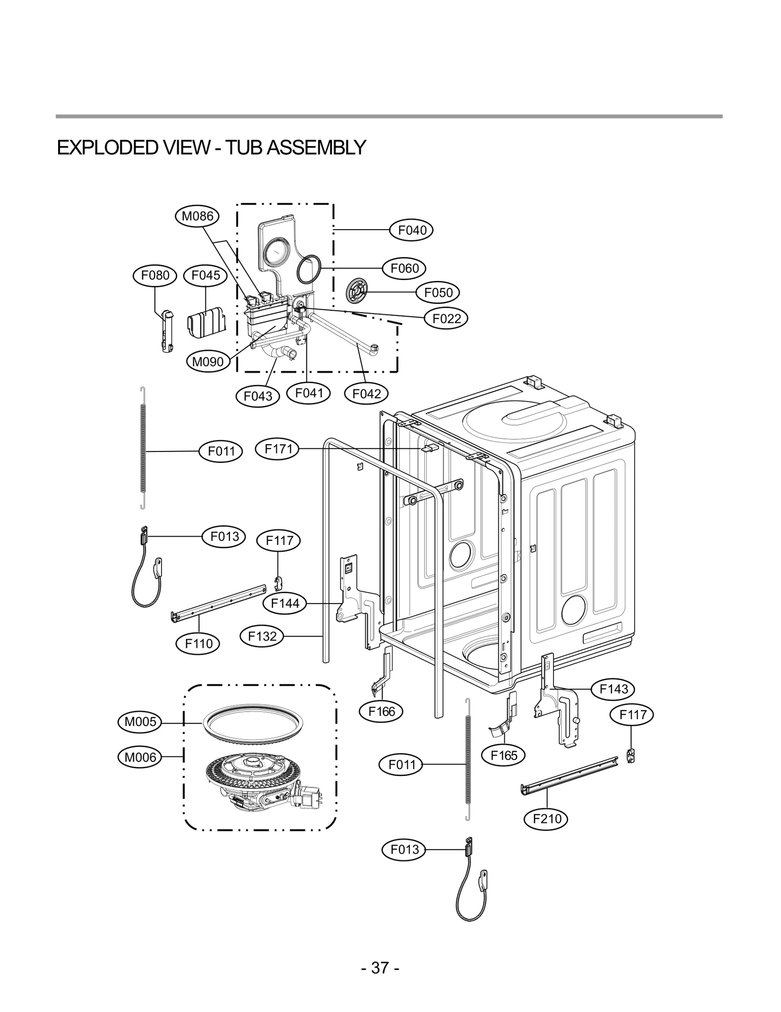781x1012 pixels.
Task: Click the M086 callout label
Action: [x=197, y=216]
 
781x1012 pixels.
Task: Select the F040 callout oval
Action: [x=411, y=230]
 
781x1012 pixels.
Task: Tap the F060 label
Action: [x=404, y=268]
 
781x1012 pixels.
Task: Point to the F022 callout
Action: [x=446, y=319]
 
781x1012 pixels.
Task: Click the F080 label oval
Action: [x=155, y=275]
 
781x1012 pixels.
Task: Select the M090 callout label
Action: [x=208, y=362]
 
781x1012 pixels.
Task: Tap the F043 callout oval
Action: [x=257, y=396]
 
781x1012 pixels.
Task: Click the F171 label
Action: [x=277, y=449]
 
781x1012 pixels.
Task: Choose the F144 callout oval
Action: [x=285, y=603]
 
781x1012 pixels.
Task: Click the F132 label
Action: [x=262, y=636]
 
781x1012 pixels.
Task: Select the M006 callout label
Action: [x=140, y=757]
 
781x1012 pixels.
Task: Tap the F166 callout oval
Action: [x=381, y=711]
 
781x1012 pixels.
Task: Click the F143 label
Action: [x=613, y=689]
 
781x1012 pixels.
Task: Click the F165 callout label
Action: [x=503, y=755]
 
